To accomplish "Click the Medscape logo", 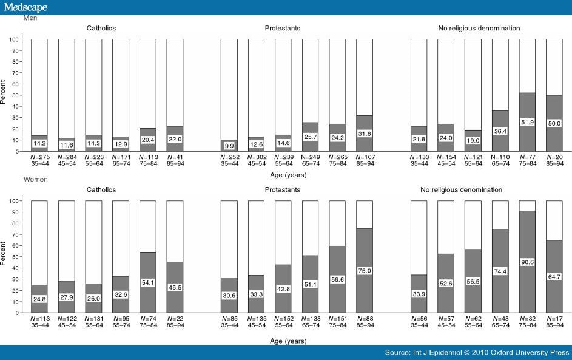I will [x=25, y=7].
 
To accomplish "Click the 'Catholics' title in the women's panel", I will [x=101, y=190].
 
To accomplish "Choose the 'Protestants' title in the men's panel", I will [x=282, y=29].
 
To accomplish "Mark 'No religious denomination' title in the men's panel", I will [x=479, y=29].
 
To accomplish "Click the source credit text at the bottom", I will [x=477, y=352].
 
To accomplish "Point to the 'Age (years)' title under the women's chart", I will [x=289, y=341].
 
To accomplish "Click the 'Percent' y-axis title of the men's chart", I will [x=5, y=95].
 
